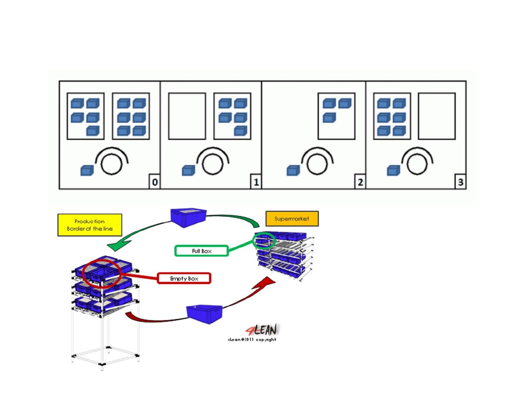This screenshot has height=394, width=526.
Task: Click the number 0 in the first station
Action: [155, 182]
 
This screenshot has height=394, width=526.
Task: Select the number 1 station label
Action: [256, 182]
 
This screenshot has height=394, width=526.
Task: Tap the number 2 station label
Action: [360, 182]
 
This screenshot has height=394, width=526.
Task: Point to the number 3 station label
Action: [460, 182]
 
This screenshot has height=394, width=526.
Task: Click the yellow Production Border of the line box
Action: [90, 224]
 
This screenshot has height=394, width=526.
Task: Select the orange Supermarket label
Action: [292, 218]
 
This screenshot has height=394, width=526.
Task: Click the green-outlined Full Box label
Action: [201, 251]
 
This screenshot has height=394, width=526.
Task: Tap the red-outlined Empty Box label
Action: [184, 278]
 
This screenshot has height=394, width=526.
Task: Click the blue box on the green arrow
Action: [188, 217]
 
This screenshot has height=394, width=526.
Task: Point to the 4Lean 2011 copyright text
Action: [252, 339]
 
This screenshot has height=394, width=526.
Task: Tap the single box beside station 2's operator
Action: [293, 170]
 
